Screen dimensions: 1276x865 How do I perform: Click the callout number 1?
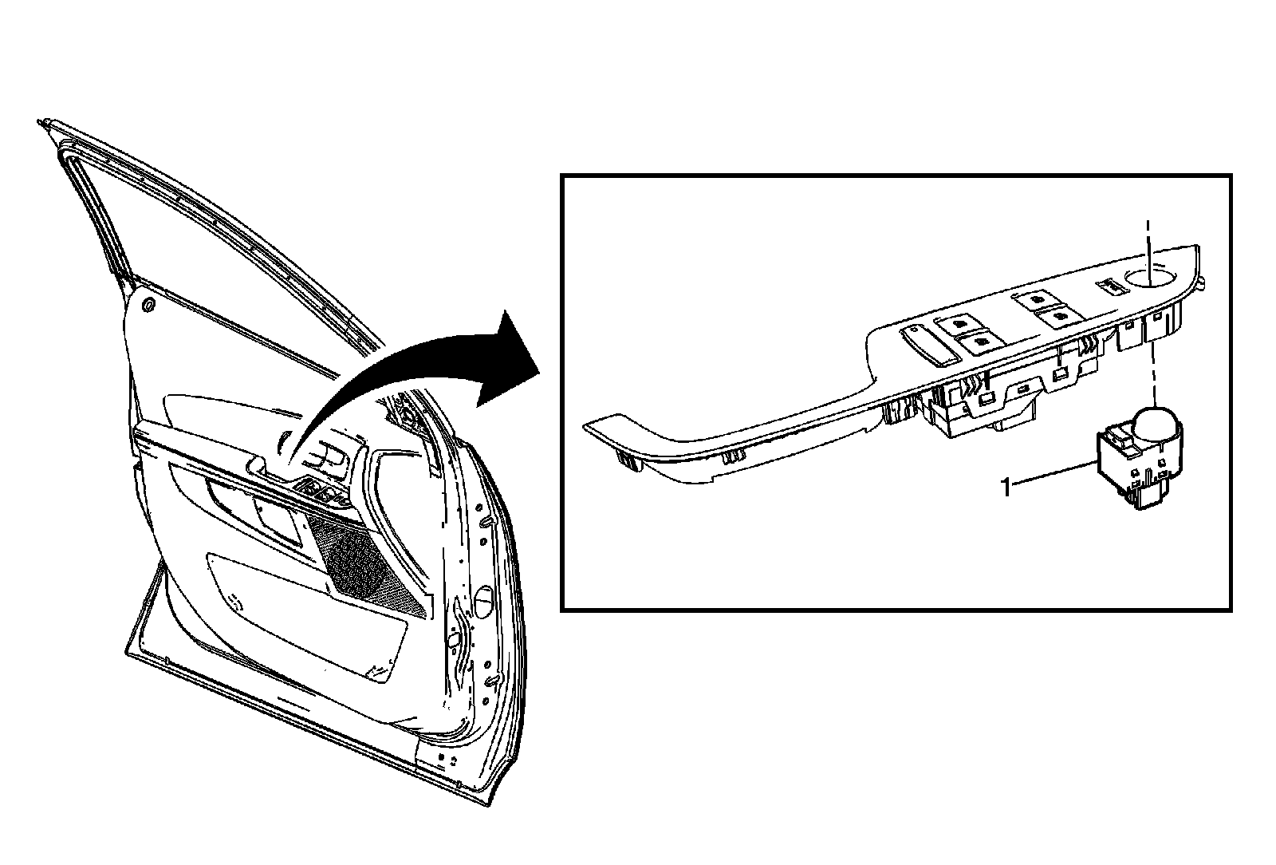[1006, 486]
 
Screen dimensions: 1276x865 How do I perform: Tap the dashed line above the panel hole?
[1148, 239]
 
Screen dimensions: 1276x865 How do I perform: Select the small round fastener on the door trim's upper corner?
[148, 305]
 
